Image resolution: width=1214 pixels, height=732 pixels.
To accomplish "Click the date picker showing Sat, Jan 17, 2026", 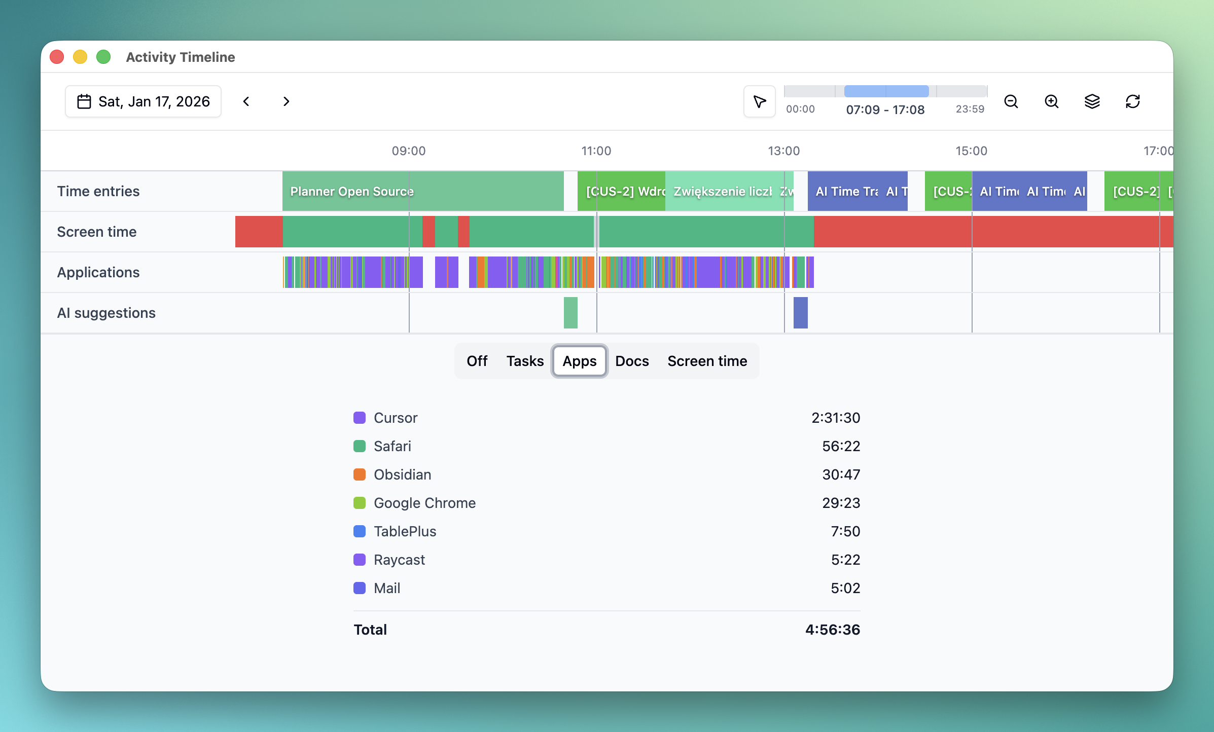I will click(143, 101).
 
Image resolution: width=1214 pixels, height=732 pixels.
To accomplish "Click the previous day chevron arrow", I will click(246, 101).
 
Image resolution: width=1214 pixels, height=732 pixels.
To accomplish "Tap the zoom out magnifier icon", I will click(1011, 101).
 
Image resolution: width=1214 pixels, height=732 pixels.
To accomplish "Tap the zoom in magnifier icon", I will click(1052, 101).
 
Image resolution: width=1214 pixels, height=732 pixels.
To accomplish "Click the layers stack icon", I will click(1092, 101).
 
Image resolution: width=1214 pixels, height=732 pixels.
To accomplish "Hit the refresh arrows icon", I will click(1133, 101).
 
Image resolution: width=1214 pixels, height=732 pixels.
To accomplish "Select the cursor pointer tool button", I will click(760, 101).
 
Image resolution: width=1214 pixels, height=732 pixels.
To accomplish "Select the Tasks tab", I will click(525, 361).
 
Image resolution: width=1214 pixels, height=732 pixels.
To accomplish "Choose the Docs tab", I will click(632, 361).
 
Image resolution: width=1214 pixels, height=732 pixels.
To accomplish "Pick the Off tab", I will click(477, 361).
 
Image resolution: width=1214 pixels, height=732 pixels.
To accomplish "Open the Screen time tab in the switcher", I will click(707, 361).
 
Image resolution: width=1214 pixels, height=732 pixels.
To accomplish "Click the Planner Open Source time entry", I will click(422, 191).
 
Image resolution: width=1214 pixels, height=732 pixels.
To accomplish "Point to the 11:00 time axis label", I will click(596, 151).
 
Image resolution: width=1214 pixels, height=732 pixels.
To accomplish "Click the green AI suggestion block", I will click(570, 313).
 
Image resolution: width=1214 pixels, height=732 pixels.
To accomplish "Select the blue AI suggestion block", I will click(800, 313).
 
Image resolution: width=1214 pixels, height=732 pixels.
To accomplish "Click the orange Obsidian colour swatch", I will click(360, 474).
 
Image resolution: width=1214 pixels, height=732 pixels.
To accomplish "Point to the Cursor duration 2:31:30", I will click(836, 418).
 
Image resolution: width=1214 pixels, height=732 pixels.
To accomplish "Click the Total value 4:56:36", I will click(833, 630).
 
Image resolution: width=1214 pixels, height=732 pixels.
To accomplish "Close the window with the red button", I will click(57, 57).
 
